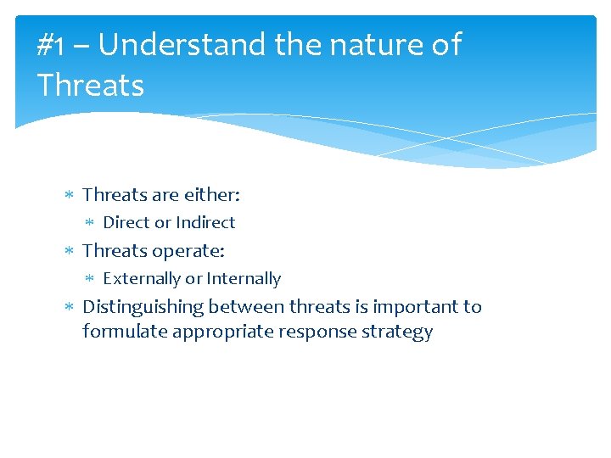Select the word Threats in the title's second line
point(90,85)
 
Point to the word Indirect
point(205,223)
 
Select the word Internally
point(244,279)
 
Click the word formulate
point(125,332)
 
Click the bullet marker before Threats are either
point(70,196)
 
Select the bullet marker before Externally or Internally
point(91,279)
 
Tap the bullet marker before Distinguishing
point(70,307)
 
